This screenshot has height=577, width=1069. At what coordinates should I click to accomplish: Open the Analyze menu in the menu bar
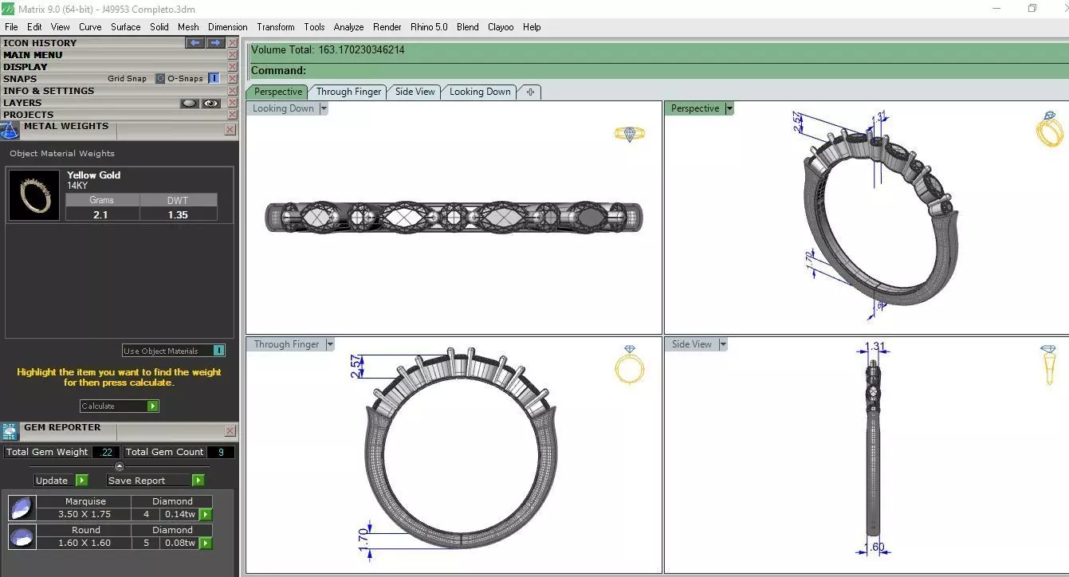pyautogui.click(x=348, y=27)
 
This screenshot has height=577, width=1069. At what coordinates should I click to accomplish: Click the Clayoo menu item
pyautogui.click(x=501, y=27)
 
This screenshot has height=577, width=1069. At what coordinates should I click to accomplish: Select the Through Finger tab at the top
pyautogui.click(x=348, y=92)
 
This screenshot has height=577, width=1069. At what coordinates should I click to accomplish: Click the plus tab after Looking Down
pyautogui.click(x=530, y=92)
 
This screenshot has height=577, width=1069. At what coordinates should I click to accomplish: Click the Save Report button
pyautogui.click(x=137, y=481)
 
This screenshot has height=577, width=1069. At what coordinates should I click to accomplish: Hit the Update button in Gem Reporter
pyautogui.click(x=52, y=481)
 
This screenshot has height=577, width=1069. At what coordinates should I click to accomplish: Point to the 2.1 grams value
pyautogui.click(x=100, y=214)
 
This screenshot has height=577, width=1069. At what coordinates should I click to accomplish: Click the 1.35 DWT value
pyautogui.click(x=178, y=214)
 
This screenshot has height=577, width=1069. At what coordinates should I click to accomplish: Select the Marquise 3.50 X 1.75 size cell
pyautogui.click(x=84, y=515)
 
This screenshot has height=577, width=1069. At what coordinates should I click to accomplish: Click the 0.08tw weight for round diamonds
pyautogui.click(x=179, y=543)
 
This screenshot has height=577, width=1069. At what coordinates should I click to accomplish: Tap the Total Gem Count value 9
pyautogui.click(x=221, y=452)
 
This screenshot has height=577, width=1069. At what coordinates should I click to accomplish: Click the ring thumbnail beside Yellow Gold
pyautogui.click(x=34, y=195)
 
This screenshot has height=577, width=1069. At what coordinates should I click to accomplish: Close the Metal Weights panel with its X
pyautogui.click(x=230, y=129)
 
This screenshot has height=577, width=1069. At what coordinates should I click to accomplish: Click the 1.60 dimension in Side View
pyautogui.click(x=874, y=548)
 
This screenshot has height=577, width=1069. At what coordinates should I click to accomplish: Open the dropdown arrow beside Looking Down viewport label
pyautogui.click(x=324, y=109)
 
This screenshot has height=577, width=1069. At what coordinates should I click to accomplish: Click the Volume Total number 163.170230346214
pyautogui.click(x=361, y=50)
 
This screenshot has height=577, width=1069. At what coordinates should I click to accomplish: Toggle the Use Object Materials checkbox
pyautogui.click(x=218, y=351)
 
